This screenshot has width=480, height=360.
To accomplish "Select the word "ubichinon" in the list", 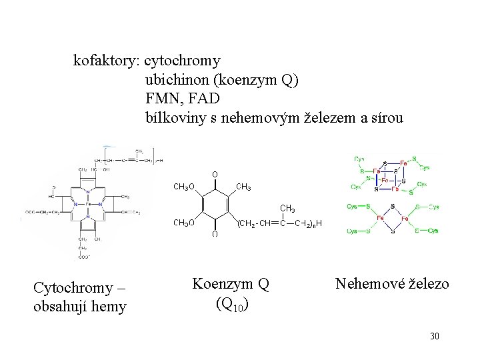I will pos(177,80).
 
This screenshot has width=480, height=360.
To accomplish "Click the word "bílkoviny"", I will pos(175,117).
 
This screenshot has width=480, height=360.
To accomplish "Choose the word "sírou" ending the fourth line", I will pos(387,117).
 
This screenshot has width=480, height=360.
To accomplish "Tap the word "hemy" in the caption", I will pos(109,307).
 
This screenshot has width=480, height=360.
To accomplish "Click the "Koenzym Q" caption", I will pos(231,284).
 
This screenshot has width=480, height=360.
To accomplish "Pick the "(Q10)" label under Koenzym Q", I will pos(233,305).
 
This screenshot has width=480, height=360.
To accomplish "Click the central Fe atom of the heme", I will pos(88,204).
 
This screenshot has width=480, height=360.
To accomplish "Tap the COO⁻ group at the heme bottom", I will pos(85,257).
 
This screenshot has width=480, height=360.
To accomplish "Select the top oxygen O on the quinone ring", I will pos(215,175).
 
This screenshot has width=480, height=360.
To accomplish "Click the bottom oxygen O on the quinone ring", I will pos(215,235).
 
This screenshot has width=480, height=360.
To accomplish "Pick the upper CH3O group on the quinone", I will pos(184,187).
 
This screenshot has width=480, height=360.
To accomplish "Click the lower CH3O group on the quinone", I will pos(184,223).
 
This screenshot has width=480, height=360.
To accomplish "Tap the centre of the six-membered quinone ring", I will pos(215,205).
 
